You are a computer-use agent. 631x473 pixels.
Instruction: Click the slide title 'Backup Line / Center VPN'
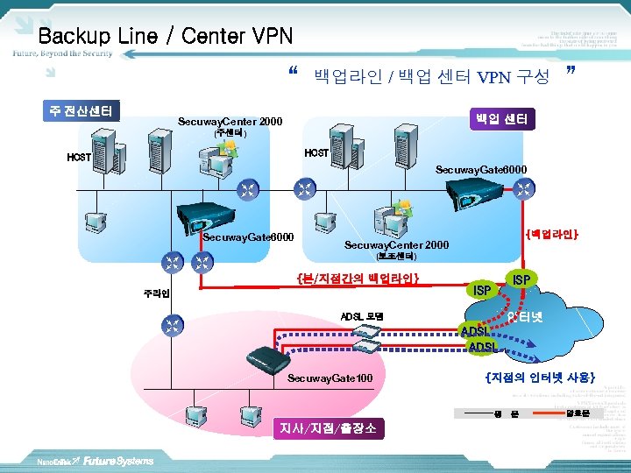click(x=166, y=36)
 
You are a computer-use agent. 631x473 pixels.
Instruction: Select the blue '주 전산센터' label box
click(x=81, y=111)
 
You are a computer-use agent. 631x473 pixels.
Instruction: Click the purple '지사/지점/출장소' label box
click(x=328, y=428)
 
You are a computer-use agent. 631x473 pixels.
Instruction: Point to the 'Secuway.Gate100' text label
click(x=330, y=378)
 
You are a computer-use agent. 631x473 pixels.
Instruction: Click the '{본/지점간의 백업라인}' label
click(x=358, y=279)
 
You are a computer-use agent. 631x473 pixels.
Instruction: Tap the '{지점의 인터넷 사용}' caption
click(x=541, y=378)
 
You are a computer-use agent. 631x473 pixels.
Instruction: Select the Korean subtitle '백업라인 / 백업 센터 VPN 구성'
click(x=431, y=76)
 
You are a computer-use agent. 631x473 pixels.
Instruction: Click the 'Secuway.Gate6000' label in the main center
click(x=248, y=237)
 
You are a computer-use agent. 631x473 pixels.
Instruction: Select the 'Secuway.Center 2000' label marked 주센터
click(x=230, y=122)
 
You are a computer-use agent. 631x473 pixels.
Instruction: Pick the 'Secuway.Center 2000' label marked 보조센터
click(x=397, y=245)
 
